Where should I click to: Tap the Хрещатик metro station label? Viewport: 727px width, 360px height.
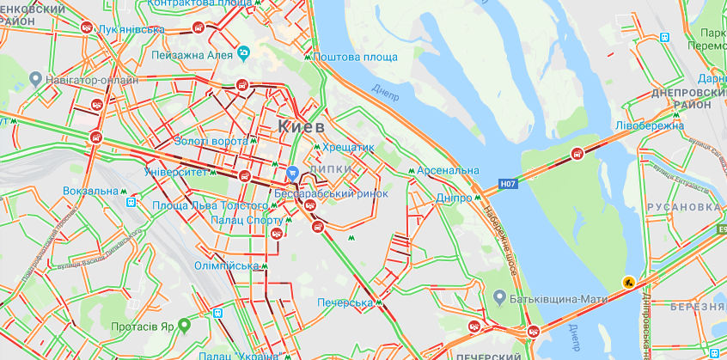click(x=349, y=148)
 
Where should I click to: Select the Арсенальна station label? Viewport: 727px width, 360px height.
click(x=449, y=171)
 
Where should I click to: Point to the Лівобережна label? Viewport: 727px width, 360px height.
click(x=651, y=125)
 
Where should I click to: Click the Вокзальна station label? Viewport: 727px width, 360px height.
click(x=90, y=191)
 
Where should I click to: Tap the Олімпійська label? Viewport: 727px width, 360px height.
click(x=227, y=266)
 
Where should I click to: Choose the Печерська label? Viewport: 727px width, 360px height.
click(x=343, y=303)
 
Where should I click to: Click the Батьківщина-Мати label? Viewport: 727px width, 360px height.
click(x=558, y=297)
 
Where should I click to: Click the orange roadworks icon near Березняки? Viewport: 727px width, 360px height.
click(x=629, y=281)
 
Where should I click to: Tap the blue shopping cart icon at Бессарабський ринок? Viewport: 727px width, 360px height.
click(x=293, y=173)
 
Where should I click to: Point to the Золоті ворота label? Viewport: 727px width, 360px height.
click(x=210, y=141)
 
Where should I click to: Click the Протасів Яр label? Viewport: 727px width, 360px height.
click(x=143, y=326)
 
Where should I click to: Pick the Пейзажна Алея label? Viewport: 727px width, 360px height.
click(x=192, y=55)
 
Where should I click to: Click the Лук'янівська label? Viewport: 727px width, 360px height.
click(x=131, y=29)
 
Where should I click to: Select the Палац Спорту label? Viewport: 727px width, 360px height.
click(x=233, y=220)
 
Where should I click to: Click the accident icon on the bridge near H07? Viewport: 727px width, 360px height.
click(x=577, y=155)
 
